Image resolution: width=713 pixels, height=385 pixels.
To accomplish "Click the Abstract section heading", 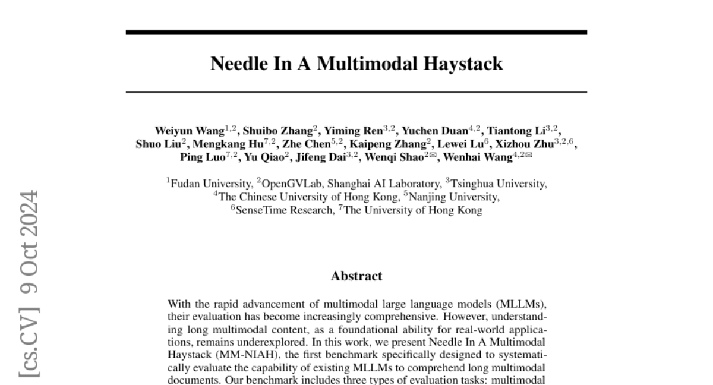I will click(356, 276).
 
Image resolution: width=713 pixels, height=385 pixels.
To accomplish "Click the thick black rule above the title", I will click(356, 32).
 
